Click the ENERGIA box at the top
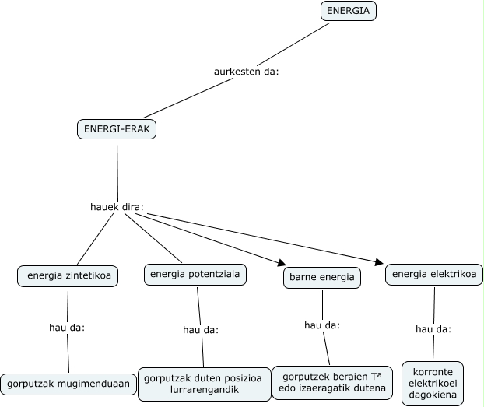click(x=349, y=11)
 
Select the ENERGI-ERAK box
click(x=117, y=129)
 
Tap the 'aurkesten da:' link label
click(x=246, y=72)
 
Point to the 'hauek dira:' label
click(x=117, y=208)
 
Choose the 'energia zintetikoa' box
click(x=68, y=275)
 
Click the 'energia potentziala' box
click(x=196, y=274)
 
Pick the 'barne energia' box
click(x=321, y=277)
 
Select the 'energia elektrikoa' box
click(x=434, y=274)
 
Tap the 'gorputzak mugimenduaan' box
click(x=67, y=384)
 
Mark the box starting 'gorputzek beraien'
click(x=332, y=382)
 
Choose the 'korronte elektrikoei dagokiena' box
click(x=433, y=383)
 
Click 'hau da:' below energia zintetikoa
click(x=66, y=327)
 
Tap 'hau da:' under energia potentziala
click(x=201, y=330)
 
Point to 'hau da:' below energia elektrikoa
click(x=433, y=329)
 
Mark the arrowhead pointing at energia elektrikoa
click(x=379, y=261)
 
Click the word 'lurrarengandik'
click(x=202, y=389)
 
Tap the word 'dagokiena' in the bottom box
click(x=433, y=395)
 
